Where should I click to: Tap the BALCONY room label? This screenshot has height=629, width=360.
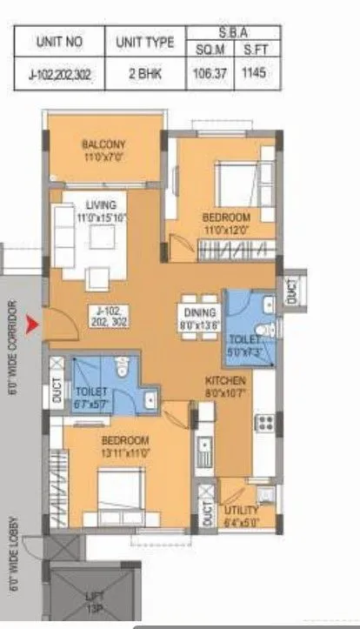[x=104, y=144]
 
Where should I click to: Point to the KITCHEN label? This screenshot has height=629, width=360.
[x=225, y=381]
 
